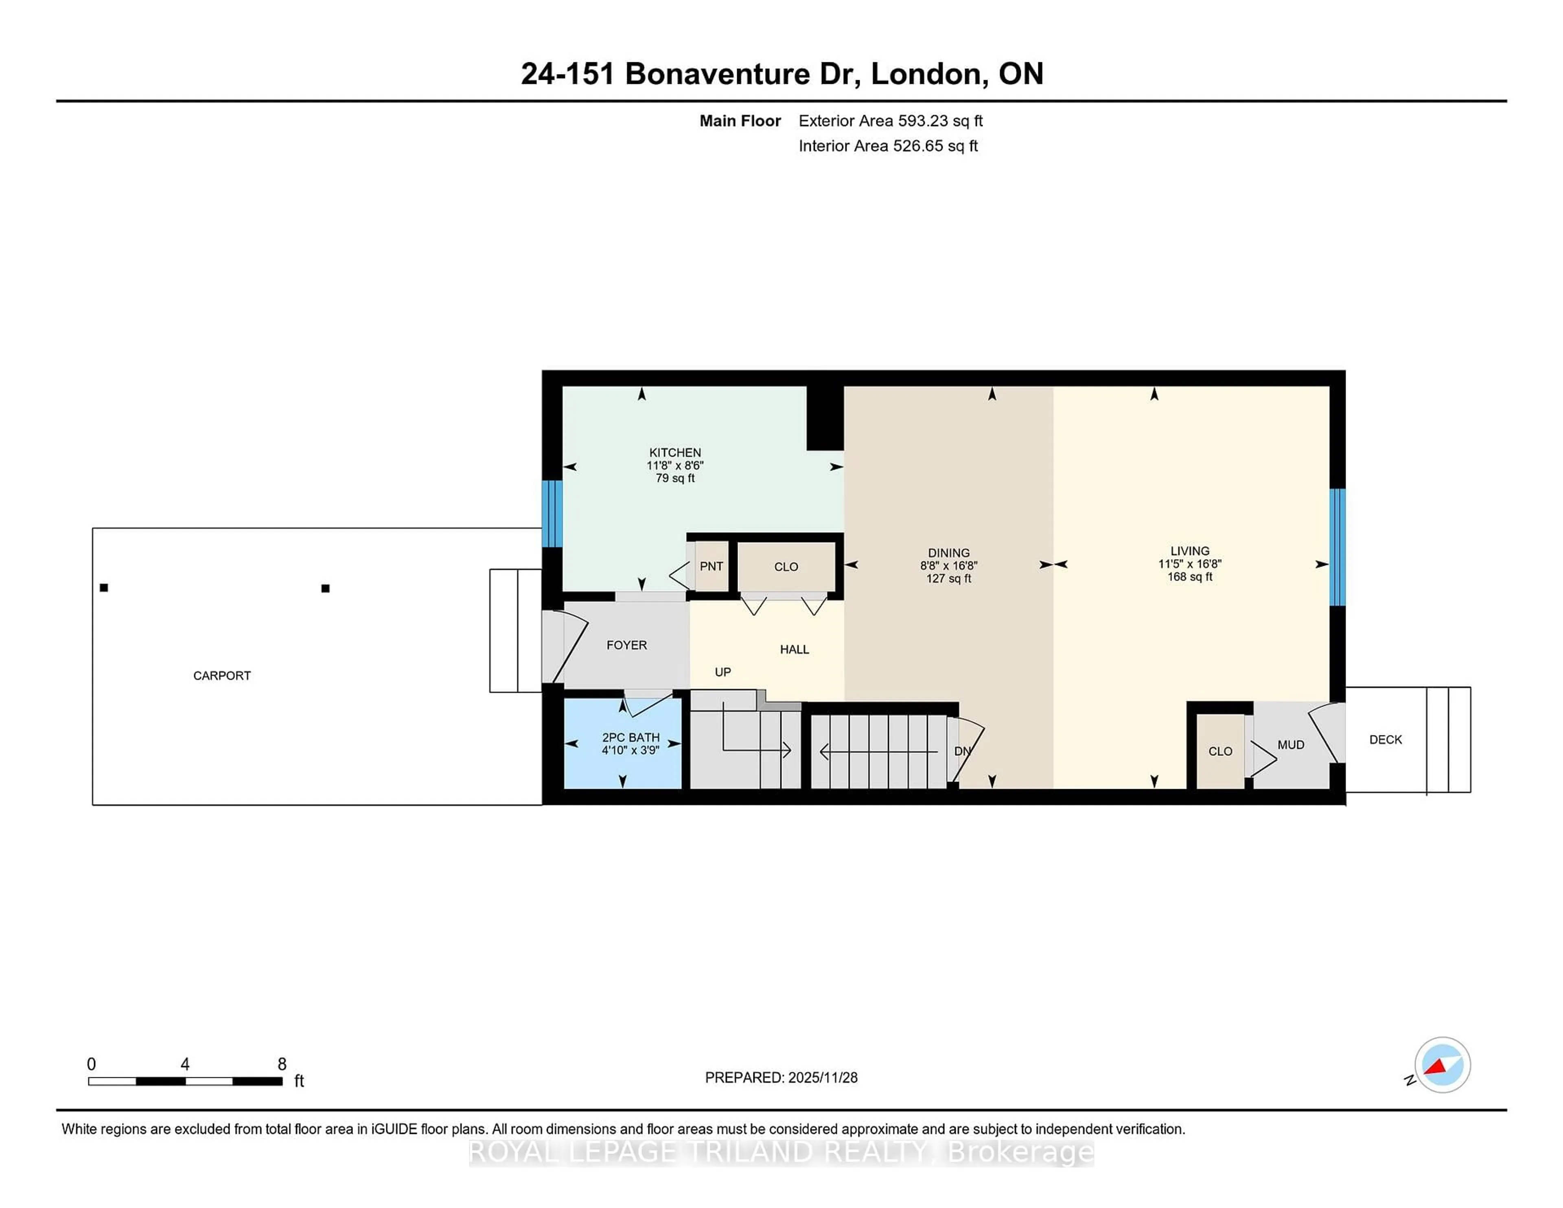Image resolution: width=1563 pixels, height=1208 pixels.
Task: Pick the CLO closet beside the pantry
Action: [x=786, y=567]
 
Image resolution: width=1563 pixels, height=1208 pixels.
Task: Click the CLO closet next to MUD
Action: [x=1220, y=751]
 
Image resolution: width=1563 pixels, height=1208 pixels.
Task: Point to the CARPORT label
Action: [x=222, y=676]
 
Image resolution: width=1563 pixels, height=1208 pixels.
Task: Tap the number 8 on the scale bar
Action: [x=282, y=1064]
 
